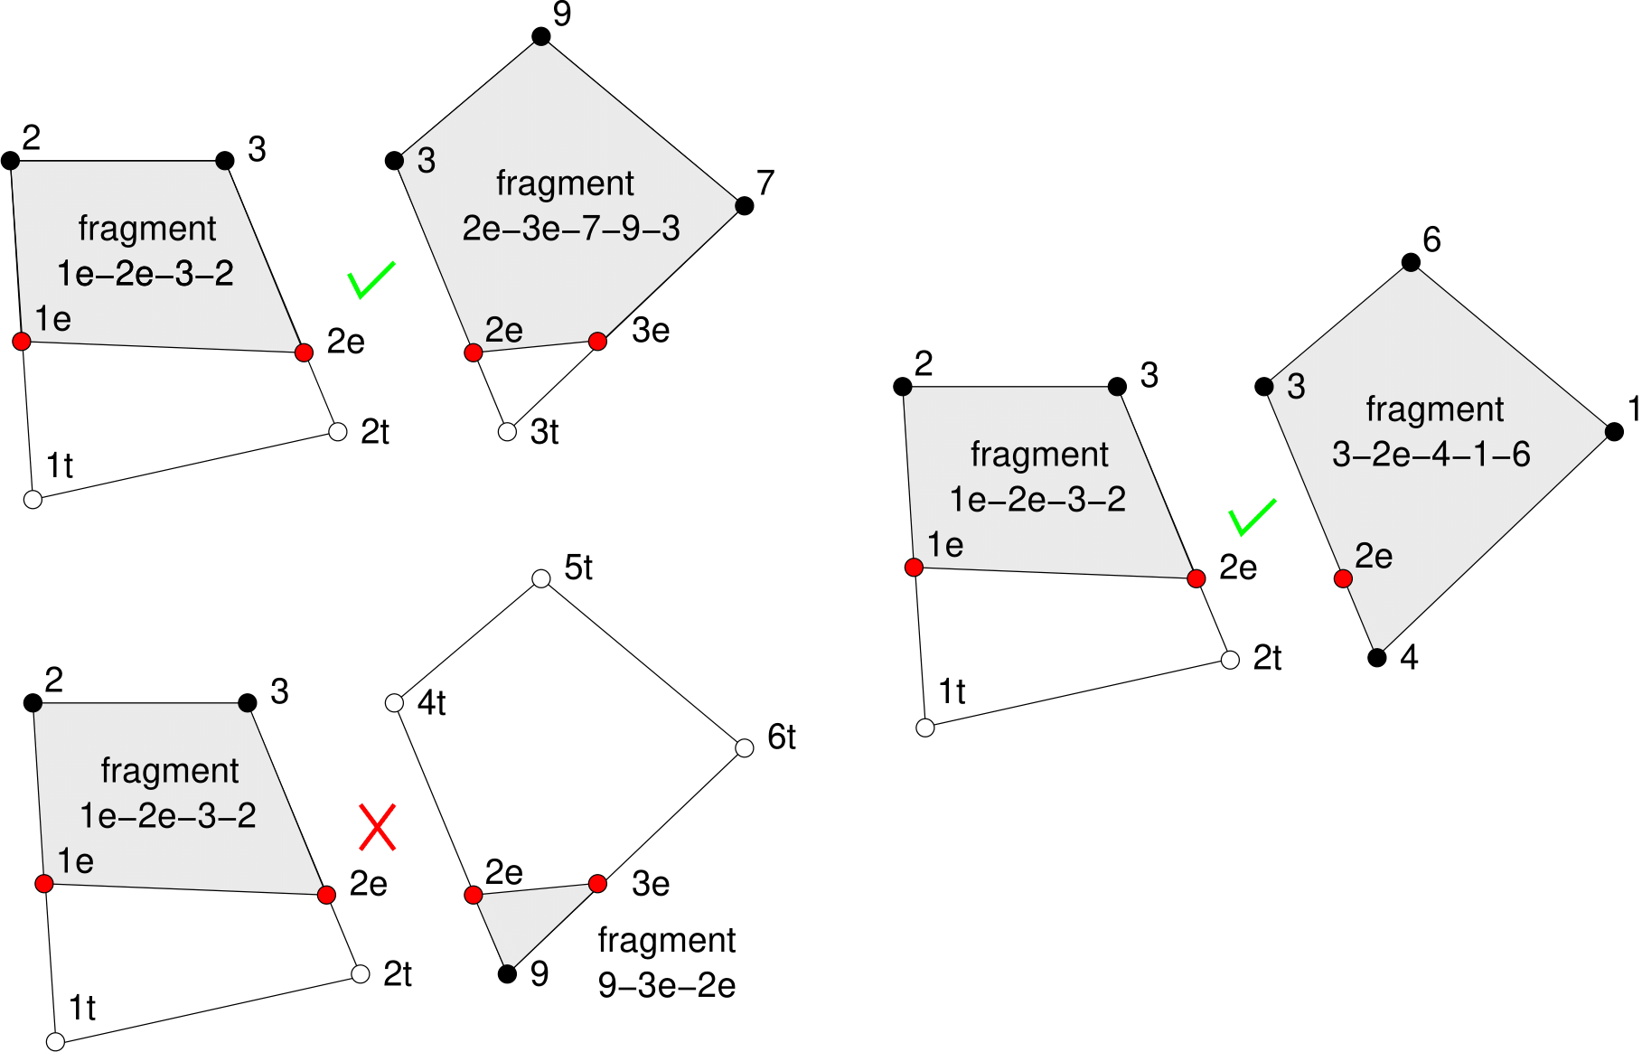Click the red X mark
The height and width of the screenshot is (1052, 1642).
pos(377,827)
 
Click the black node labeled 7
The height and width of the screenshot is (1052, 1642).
pos(745,206)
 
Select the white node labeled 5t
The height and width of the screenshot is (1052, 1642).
pos(540,578)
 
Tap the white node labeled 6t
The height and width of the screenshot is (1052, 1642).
pos(745,747)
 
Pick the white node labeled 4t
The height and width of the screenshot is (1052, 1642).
pos(394,702)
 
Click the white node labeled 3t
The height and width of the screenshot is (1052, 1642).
pos(507,432)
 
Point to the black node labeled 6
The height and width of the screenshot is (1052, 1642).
pos(1411,263)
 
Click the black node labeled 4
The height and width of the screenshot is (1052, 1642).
pos(1376,657)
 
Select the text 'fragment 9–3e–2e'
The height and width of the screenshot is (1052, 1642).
pos(667,963)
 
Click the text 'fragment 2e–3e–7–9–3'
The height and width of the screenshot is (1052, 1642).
pos(569,206)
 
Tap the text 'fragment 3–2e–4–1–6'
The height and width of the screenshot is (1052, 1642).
pos(1432,431)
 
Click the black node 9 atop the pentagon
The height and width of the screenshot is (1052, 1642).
pos(540,36)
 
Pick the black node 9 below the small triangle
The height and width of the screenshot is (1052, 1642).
pos(507,973)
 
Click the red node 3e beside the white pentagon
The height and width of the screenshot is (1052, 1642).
pos(597,883)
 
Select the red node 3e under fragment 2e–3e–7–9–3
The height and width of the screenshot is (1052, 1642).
pos(597,342)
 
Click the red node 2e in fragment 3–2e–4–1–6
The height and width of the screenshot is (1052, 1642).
pos(1343,578)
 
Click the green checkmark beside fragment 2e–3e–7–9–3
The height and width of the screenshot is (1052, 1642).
pos(371,280)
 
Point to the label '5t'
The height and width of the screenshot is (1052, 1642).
pos(578,568)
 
